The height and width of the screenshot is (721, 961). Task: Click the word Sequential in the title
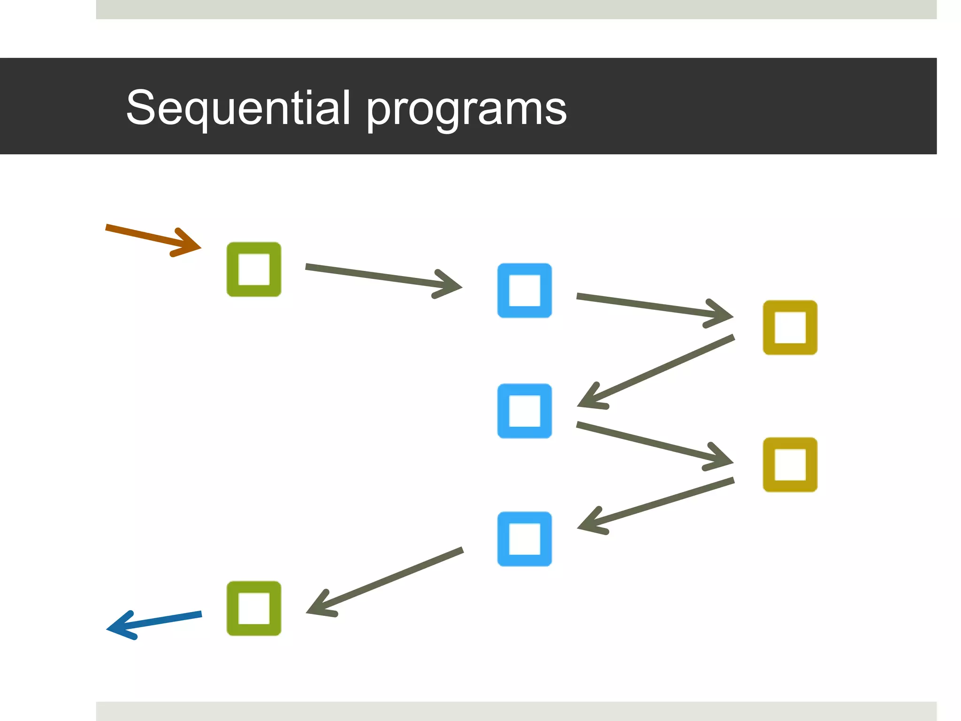pos(238,108)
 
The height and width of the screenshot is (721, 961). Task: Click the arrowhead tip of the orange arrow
pos(199,247)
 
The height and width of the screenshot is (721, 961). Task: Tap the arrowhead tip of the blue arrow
pos(109,628)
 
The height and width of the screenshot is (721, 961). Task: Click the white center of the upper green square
pos(254,269)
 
